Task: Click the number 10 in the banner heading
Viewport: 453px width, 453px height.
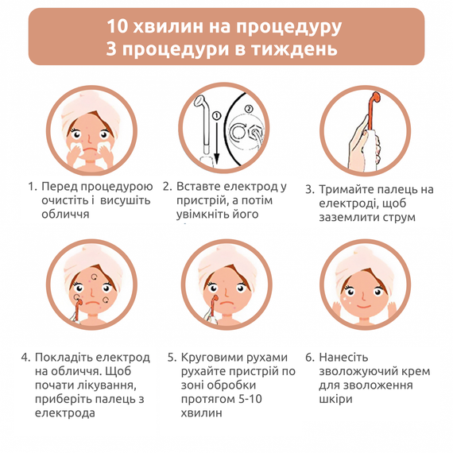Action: tap(118, 26)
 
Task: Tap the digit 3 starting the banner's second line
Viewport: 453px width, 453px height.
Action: tap(111, 48)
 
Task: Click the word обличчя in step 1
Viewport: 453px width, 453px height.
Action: tap(65, 214)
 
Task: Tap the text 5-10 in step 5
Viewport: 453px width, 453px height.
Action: tap(250, 399)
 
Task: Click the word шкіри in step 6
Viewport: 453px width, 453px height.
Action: tap(335, 399)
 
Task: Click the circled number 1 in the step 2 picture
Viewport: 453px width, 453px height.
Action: tap(216, 116)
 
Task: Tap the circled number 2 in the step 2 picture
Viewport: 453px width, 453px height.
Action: tap(249, 109)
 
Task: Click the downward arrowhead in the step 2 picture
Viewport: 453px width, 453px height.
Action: tap(216, 157)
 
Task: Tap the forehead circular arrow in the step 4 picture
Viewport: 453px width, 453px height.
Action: tap(95, 277)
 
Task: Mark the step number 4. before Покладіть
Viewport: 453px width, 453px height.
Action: tap(25, 358)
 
